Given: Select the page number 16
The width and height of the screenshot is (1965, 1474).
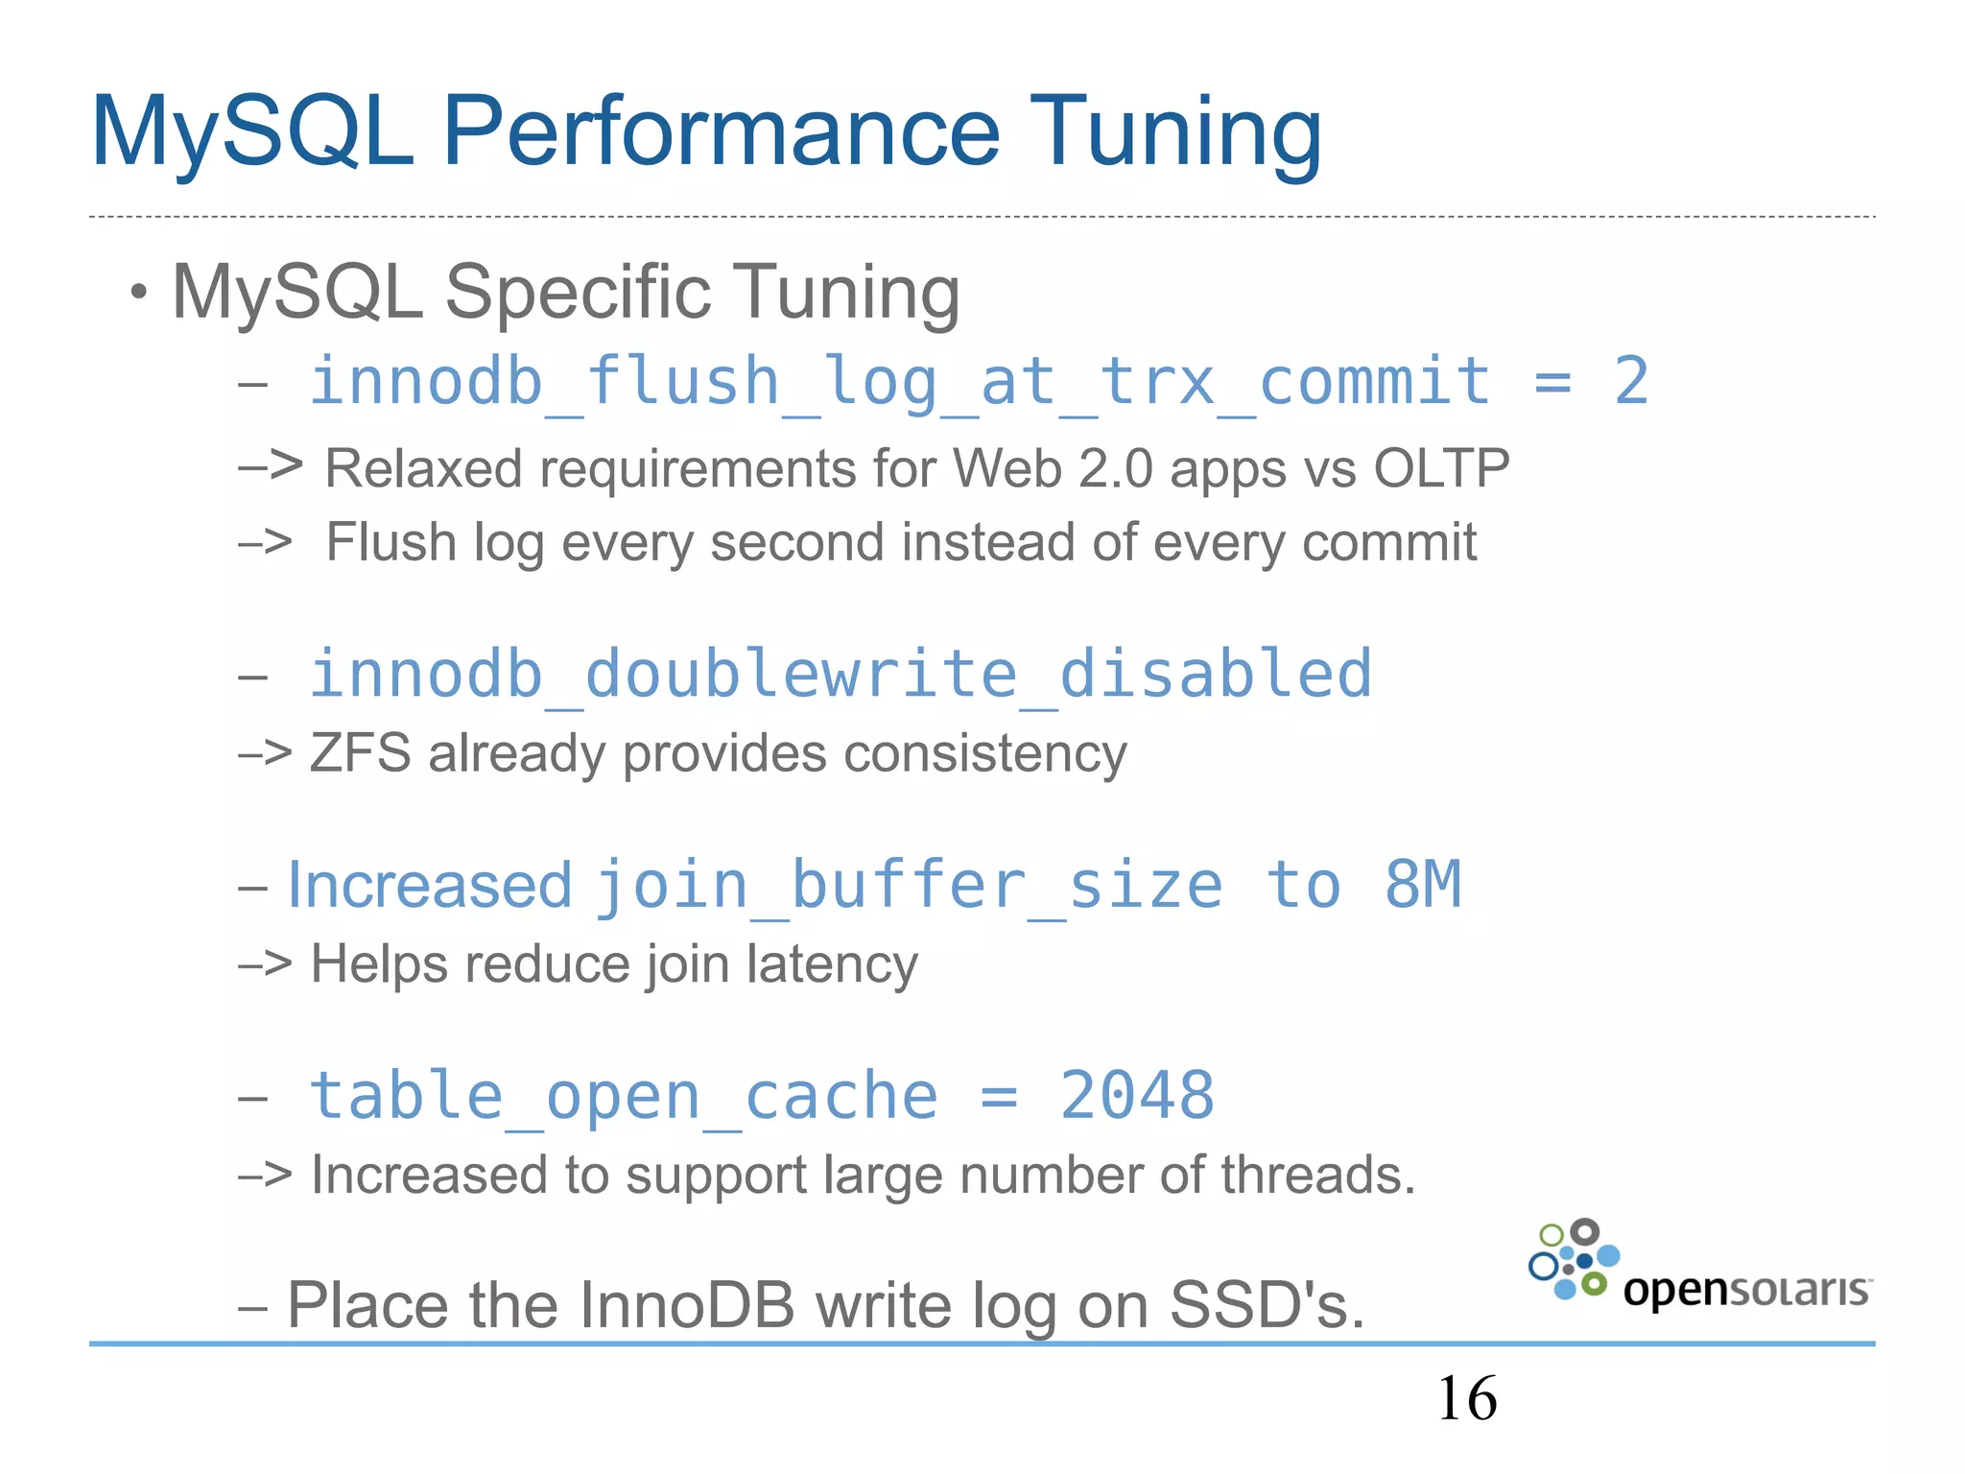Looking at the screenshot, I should coord(1466,1398).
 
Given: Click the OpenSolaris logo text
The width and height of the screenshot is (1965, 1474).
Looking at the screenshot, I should coord(1745,1290).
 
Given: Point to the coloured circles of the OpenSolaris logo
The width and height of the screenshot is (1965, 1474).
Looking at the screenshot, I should coord(1574,1260).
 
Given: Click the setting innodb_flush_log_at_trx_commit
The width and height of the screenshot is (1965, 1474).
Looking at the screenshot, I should coord(899,382).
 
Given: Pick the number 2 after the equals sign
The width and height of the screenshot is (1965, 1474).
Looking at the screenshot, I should coord(1630,382).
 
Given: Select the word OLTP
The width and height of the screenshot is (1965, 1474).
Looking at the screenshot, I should coord(1441,469).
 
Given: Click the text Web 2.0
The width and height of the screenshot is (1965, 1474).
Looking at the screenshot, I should coord(1052,469).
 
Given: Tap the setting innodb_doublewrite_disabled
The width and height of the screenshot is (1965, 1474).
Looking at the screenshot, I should coord(840,674).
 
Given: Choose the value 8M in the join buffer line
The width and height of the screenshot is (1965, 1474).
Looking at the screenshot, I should coord(1422,885).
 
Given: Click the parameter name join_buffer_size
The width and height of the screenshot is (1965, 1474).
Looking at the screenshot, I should coord(909,885).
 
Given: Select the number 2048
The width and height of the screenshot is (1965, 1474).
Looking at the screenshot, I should coord(1137,1096).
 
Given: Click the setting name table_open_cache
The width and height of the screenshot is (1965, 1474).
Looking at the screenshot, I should coord(623,1096).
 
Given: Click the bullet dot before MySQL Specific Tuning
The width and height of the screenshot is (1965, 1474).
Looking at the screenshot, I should coord(140,291).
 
